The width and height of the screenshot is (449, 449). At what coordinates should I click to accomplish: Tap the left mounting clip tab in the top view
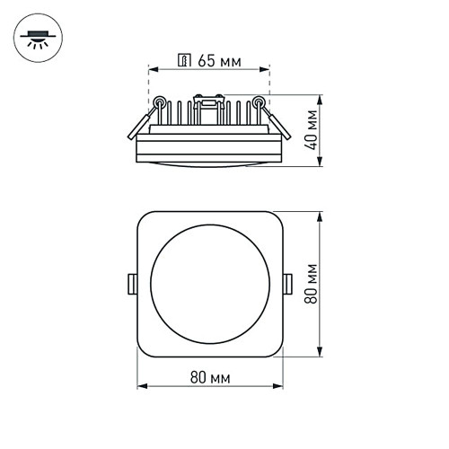pos(132,285)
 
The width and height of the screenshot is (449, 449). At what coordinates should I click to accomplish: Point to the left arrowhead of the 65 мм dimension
pos(152,68)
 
